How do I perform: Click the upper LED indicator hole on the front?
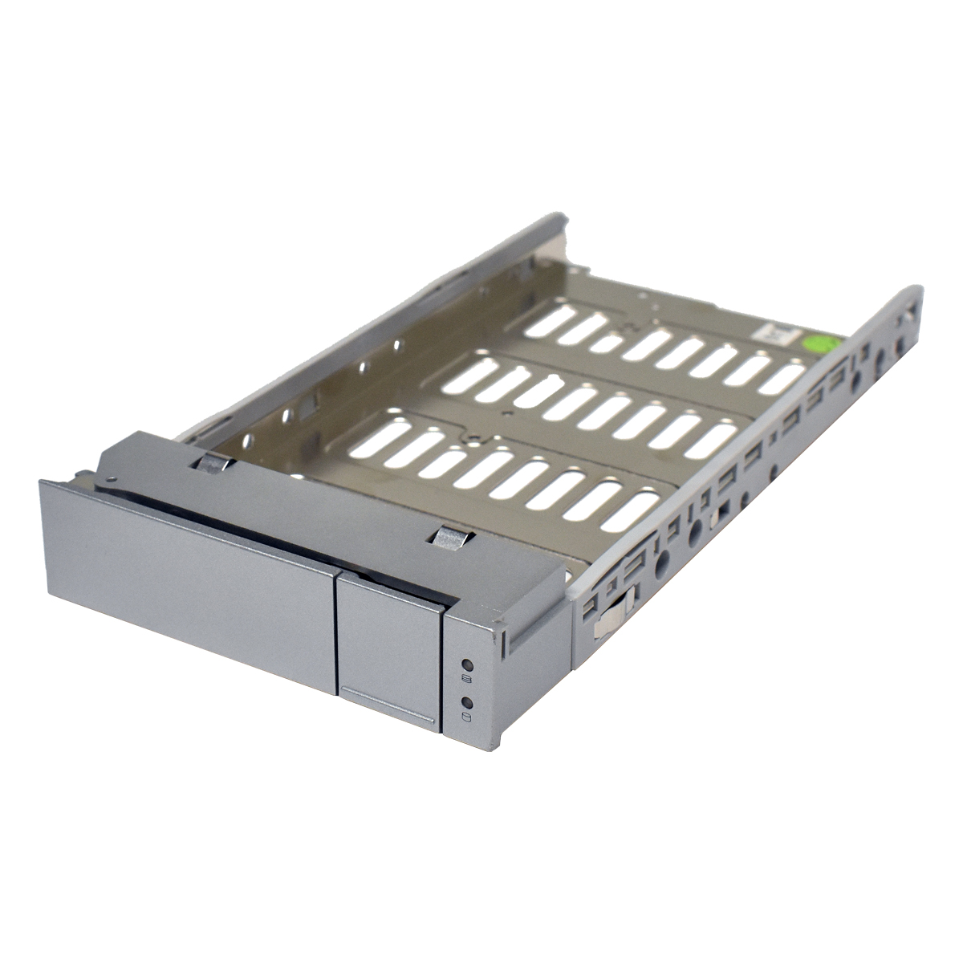click(x=467, y=665)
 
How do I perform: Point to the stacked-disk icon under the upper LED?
click(x=467, y=681)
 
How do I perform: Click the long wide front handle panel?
click(x=189, y=578)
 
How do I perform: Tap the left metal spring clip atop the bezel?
click(x=212, y=464)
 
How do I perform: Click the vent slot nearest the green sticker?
click(x=782, y=377)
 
